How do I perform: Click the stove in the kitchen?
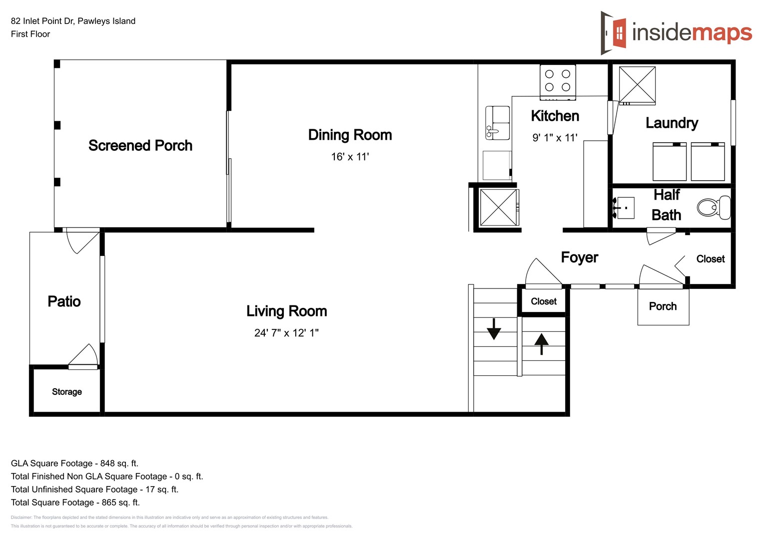[558, 81]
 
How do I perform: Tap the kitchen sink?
[497, 123]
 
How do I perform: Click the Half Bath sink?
[624, 208]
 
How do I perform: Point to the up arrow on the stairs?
[542, 344]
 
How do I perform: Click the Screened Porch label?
[140, 145]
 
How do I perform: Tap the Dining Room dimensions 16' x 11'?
[350, 157]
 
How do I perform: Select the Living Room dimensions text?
[286, 333]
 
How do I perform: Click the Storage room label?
[67, 392]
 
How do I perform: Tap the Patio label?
[64, 301]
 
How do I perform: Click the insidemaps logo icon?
[614, 33]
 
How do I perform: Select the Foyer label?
[579, 258]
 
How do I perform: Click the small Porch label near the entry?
[663, 306]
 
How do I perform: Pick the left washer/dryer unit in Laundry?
[670, 162]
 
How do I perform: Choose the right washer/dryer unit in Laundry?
[708, 162]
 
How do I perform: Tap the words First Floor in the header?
[30, 34]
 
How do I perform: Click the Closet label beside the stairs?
[544, 301]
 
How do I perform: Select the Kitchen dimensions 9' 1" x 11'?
[555, 138]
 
